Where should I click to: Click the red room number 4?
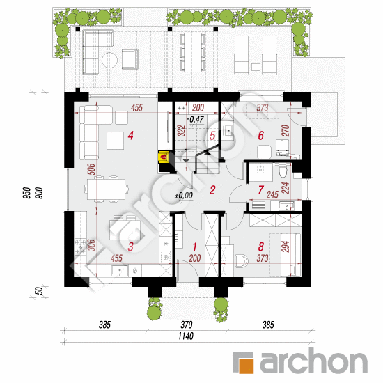tap(131, 136)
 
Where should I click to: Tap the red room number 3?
tap(131, 247)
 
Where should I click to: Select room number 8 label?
tap(261, 247)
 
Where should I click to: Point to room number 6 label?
tap(261, 136)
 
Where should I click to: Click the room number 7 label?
tap(261, 190)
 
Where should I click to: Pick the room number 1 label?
tap(195, 247)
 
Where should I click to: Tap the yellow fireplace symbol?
tap(164, 157)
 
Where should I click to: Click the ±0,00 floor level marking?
tap(184, 196)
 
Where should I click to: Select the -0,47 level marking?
tap(196, 120)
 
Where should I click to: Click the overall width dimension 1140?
tap(186, 336)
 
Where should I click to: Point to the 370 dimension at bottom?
tap(187, 325)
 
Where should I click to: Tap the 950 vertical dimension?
tap(27, 193)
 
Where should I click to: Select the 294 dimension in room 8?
tap(286, 247)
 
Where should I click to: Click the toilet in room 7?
tap(283, 172)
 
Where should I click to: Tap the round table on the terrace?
tap(109, 60)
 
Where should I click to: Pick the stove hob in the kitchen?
tap(80, 247)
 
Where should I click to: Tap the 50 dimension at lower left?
tap(39, 291)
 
